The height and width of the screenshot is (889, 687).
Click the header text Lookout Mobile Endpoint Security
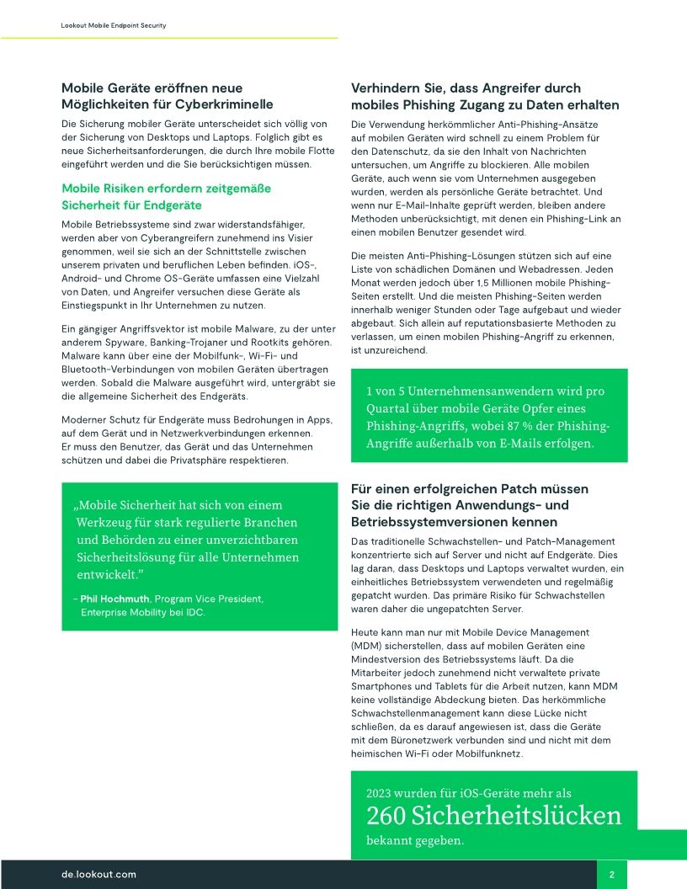click(x=114, y=26)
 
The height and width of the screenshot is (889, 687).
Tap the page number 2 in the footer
click(x=611, y=875)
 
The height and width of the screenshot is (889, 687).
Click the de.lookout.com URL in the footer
click(x=99, y=875)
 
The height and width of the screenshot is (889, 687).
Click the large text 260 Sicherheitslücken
click(x=493, y=815)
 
